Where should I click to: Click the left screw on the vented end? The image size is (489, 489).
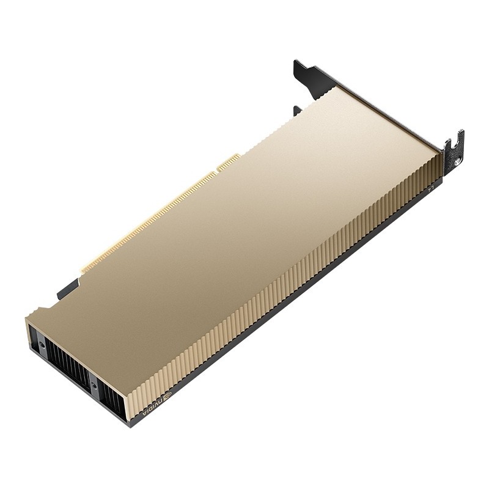[x=42, y=345]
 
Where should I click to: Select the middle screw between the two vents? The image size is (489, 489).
[x=94, y=385]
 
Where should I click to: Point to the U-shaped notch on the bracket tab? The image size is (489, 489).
[x=449, y=145]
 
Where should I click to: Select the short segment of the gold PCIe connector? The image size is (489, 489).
[x=229, y=163]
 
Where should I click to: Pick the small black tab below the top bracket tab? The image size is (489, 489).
[x=298, y=111]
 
